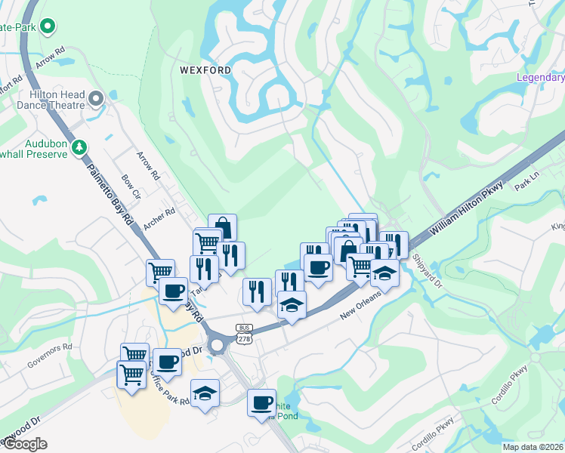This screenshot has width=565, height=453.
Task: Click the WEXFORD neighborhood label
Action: pos(205,70)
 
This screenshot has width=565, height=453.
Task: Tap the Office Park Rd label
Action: pos(169,386)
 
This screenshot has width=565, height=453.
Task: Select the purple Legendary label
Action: pos(540,77)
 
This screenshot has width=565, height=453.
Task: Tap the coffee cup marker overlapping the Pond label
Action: pos(261,402)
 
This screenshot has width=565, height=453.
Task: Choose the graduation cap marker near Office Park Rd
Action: pos(205,393)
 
